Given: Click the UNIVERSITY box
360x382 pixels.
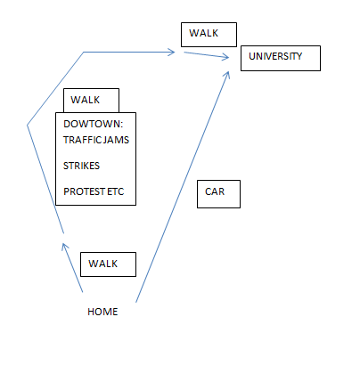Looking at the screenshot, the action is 281,58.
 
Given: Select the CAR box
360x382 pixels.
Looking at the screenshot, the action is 218,194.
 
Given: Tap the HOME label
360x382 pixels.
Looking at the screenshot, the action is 102,312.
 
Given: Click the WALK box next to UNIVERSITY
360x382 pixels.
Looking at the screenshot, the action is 209,35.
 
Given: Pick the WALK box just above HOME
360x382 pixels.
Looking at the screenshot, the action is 108,264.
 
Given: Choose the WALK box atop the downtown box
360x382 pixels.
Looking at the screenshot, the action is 91,101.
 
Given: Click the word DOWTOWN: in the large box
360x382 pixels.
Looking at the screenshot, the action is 93,124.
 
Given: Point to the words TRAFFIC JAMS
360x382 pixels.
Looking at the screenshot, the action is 96,140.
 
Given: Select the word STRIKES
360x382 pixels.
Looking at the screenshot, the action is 81,166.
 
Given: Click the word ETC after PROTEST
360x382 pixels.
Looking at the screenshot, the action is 115,191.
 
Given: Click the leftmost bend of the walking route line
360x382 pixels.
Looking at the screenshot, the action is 28,126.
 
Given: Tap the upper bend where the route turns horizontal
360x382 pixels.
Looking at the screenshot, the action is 84,53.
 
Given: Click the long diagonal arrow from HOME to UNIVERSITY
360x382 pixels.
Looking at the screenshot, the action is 183,187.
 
